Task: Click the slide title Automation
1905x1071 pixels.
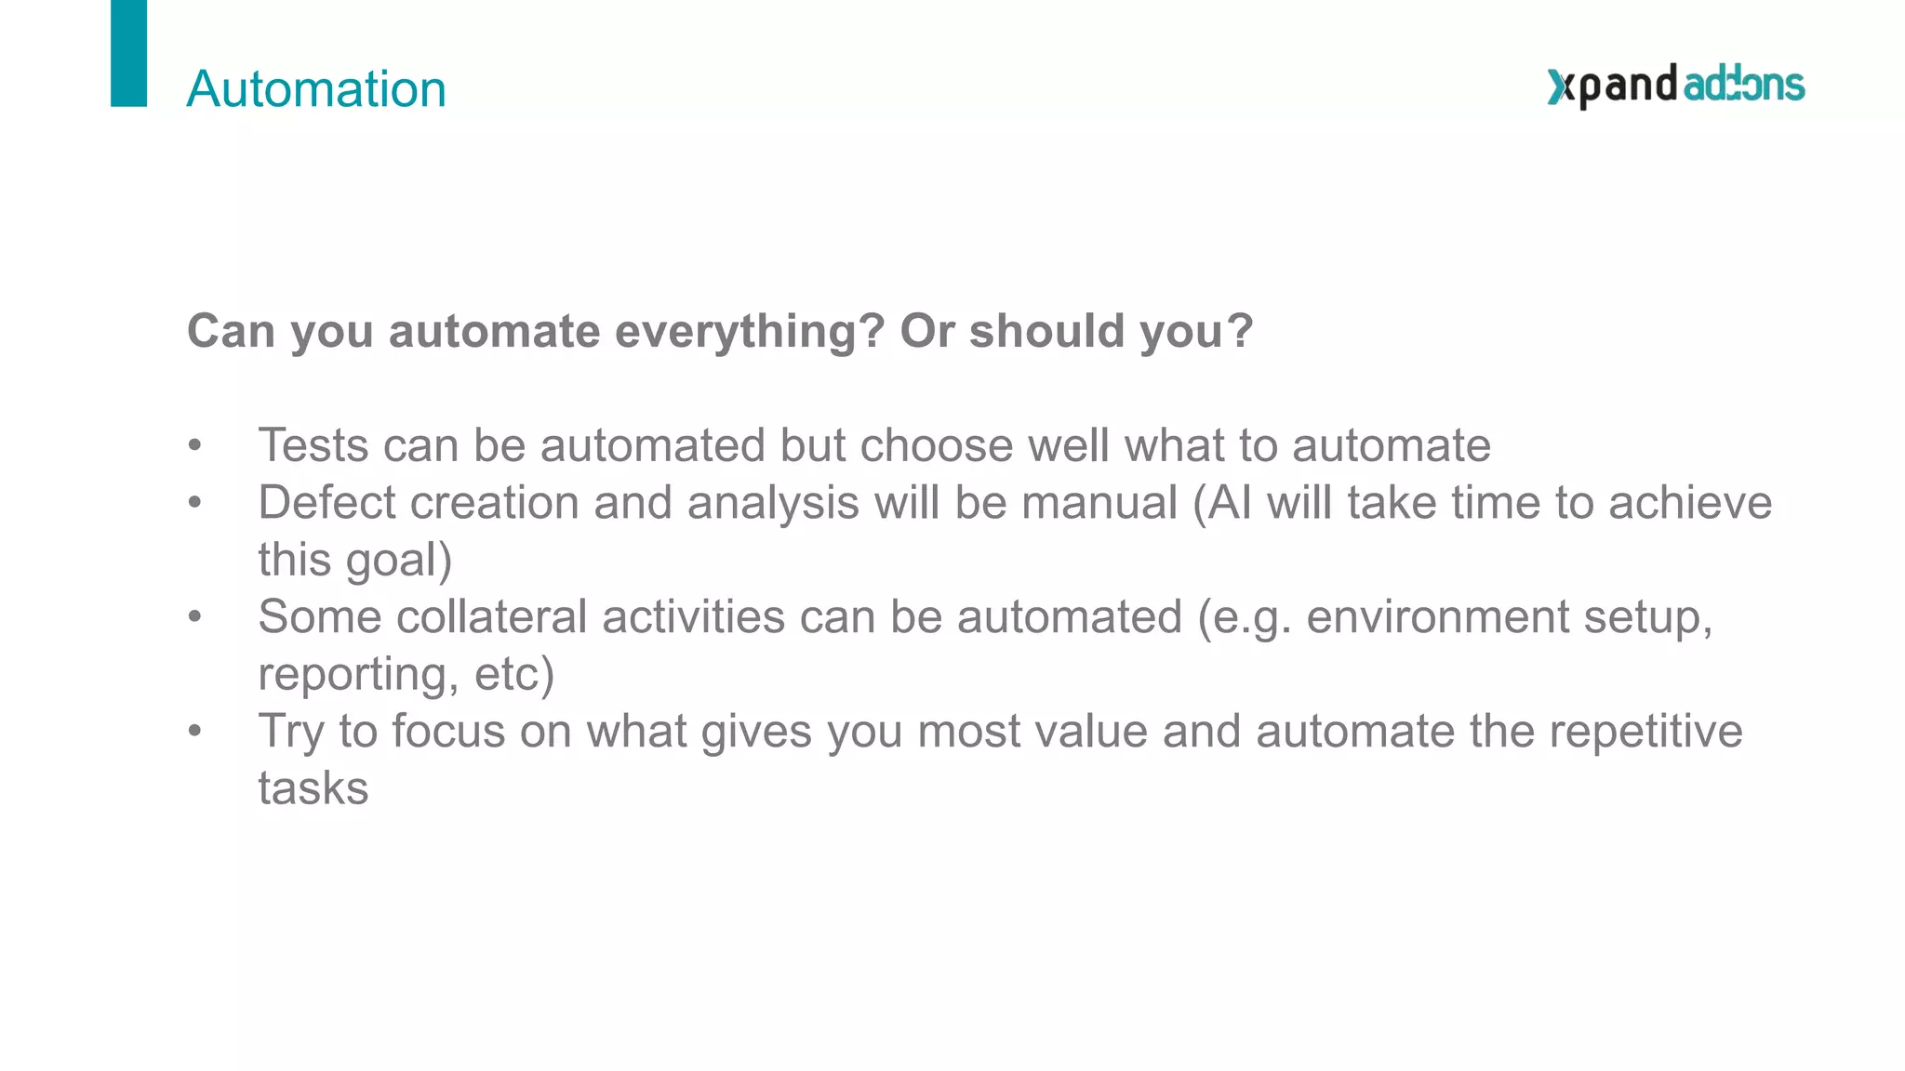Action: pyautogui.click(x=316, y=89)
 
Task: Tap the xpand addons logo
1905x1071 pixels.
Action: pyautogui.click(x=1675, y=86)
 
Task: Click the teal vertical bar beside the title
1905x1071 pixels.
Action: pyautogui.click(x=128, y=53)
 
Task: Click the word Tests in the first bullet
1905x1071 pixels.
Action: pyautogui.click(x=313, y=445)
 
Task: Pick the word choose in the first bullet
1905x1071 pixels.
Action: pyautogui.click(x=937, y=445)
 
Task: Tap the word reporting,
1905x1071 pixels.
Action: pyautogui.click(x=358, y=675)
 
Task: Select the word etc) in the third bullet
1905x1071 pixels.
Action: pyautogui.click(x=514, y=674)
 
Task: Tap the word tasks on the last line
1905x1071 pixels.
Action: pyautogui.click(x=313, y=789)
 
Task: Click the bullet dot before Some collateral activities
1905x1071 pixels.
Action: pyautogui.click(x=194, y=617)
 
